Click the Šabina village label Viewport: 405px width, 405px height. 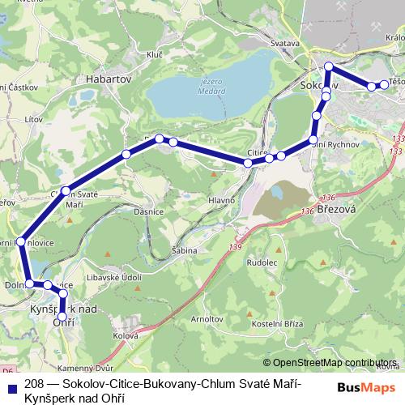[x=185, y=251]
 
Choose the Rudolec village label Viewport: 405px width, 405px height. [x=262, y=262]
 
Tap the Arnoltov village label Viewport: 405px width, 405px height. [x=207, y=319]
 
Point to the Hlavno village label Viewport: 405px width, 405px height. [x=221, y=200]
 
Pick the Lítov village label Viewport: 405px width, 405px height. [x=33, y=119]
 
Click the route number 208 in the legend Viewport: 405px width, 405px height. [x=34, y=382]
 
